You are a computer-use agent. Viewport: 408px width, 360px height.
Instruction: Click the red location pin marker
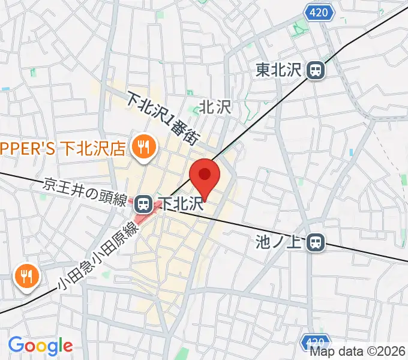coord(205,176)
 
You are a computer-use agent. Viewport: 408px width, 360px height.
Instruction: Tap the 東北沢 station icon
coord(314,71)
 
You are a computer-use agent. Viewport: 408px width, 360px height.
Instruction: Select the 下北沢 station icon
coord(143,205)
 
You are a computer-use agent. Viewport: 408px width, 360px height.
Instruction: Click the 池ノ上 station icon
coord(316,242)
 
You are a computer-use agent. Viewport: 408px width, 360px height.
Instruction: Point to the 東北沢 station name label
coord(280,71)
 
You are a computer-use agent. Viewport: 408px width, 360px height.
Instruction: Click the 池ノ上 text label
coord(280,243)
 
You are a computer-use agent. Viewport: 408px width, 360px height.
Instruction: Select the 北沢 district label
coord(215,107)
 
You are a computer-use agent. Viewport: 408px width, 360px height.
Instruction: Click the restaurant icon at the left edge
coord(27,276)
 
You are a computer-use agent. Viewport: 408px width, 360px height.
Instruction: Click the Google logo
coord(40,345)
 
